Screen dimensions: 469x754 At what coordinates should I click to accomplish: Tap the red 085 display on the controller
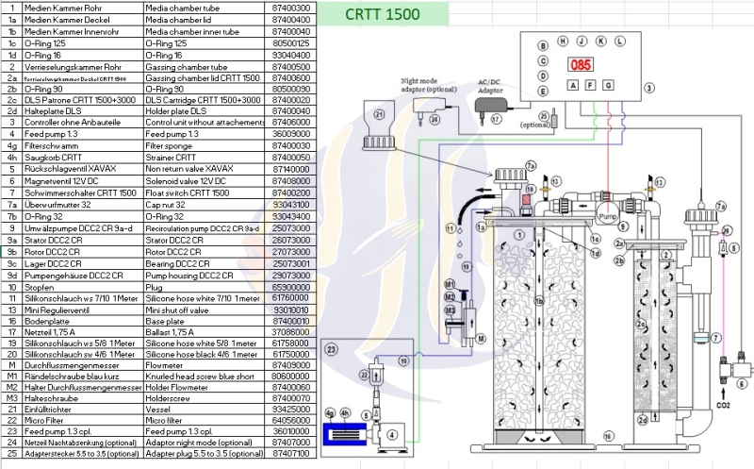pyautogui.click(x=578, y=66)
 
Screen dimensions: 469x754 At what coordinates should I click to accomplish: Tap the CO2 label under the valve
pyautogui.click(x=723, y=405)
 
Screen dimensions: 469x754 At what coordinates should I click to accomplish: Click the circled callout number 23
pyautogui.click(x=331, y=349)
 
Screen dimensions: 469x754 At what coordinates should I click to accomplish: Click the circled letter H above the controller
pyautogui.click(x=563, y=41)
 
